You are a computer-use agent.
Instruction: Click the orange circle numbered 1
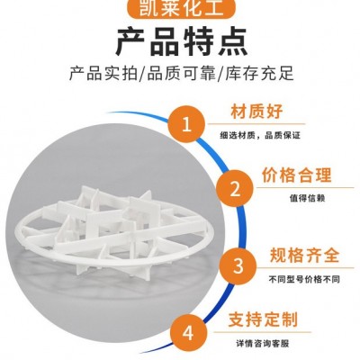click(186, 124)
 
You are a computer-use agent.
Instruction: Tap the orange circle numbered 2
click(235, 189)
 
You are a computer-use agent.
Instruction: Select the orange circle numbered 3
click(238, 265)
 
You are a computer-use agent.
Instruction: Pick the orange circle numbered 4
click(188, 332)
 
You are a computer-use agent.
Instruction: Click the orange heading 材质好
click(256, 112)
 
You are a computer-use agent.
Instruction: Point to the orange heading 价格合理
click(297, 175)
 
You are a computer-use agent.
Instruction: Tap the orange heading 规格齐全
click(305, 256)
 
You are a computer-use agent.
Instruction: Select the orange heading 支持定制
click(263, 319)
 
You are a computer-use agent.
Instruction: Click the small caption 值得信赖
click(307, 198)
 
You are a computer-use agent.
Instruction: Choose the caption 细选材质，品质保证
click(260, 136)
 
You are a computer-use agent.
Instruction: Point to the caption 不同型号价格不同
click(304, 280)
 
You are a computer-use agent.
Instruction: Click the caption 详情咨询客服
click(263, 343)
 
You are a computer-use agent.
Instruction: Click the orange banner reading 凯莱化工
click(182, 8)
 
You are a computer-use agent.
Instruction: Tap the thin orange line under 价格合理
click(305, 188)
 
